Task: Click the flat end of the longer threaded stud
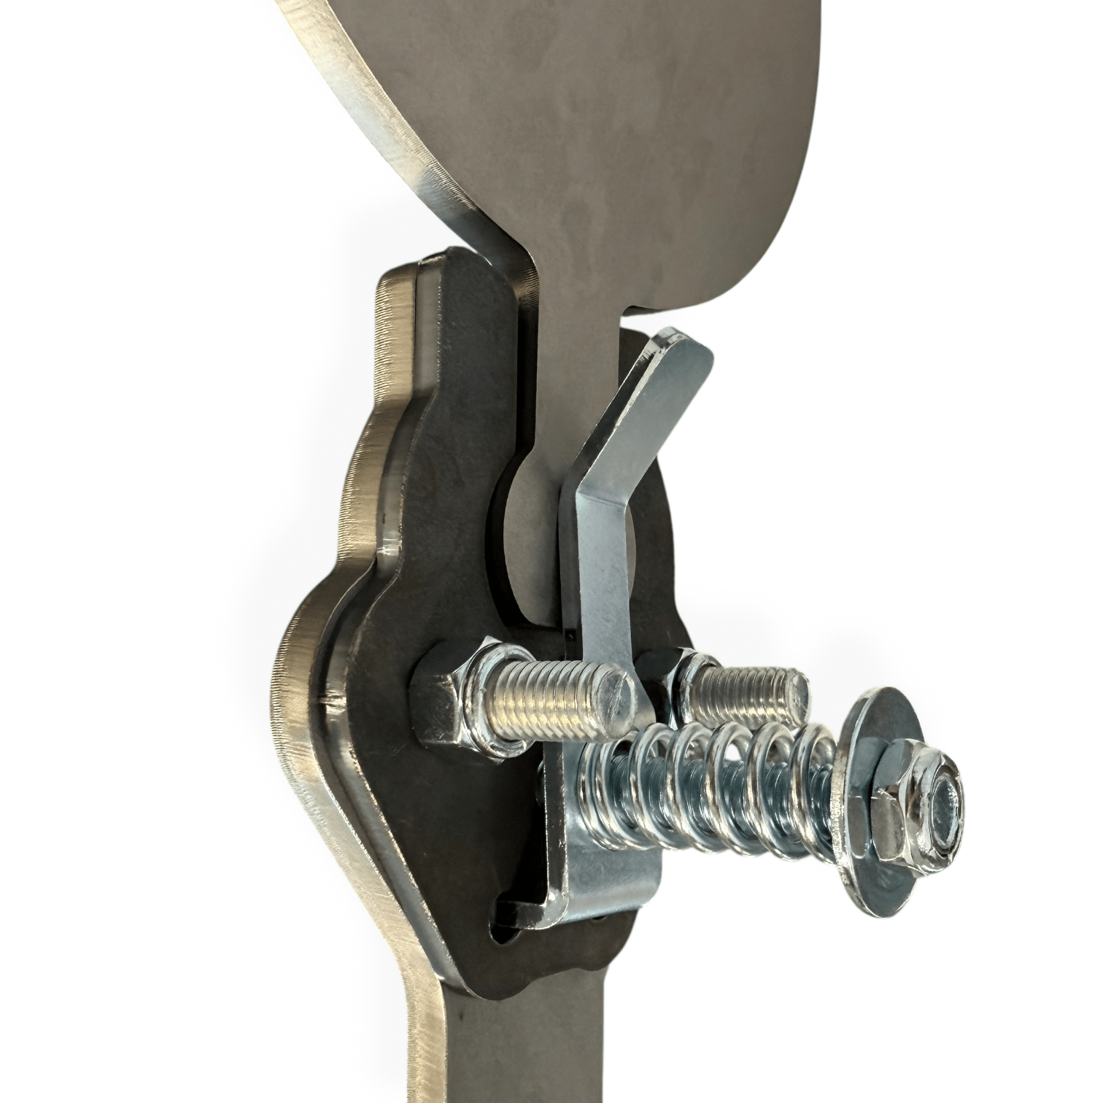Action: [616, 693]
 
